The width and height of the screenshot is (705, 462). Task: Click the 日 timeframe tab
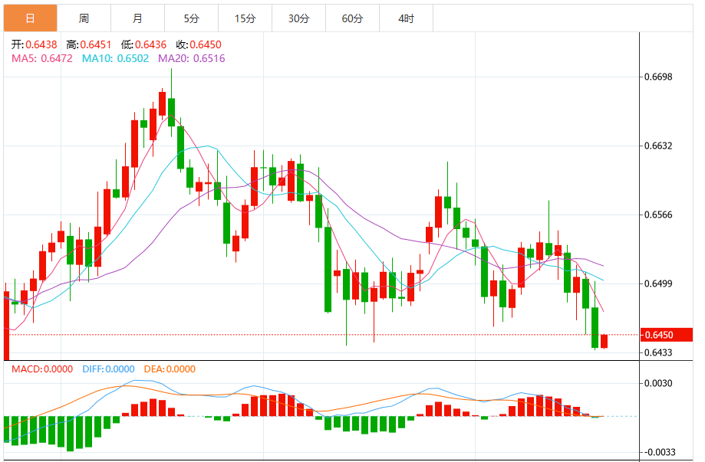click(x=30, y=18)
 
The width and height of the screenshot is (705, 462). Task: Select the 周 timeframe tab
click(x=84, y=18)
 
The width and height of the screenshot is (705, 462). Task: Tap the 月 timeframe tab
click(x=137, y=18)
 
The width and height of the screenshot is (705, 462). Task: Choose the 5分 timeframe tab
click(x=191, y=18)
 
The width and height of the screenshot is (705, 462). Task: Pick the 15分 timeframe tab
click(x=245, y=18)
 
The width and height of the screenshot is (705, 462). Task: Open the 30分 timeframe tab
click(x=298, y=18)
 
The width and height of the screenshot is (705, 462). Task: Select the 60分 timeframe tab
click(x=352, y=18)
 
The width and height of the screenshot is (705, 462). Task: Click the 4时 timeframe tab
click(x=406, y=18)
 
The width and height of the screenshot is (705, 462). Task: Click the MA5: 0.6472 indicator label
click(x=41, y=58)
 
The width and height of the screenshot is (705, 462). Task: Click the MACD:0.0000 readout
click(x=42, y=369)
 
